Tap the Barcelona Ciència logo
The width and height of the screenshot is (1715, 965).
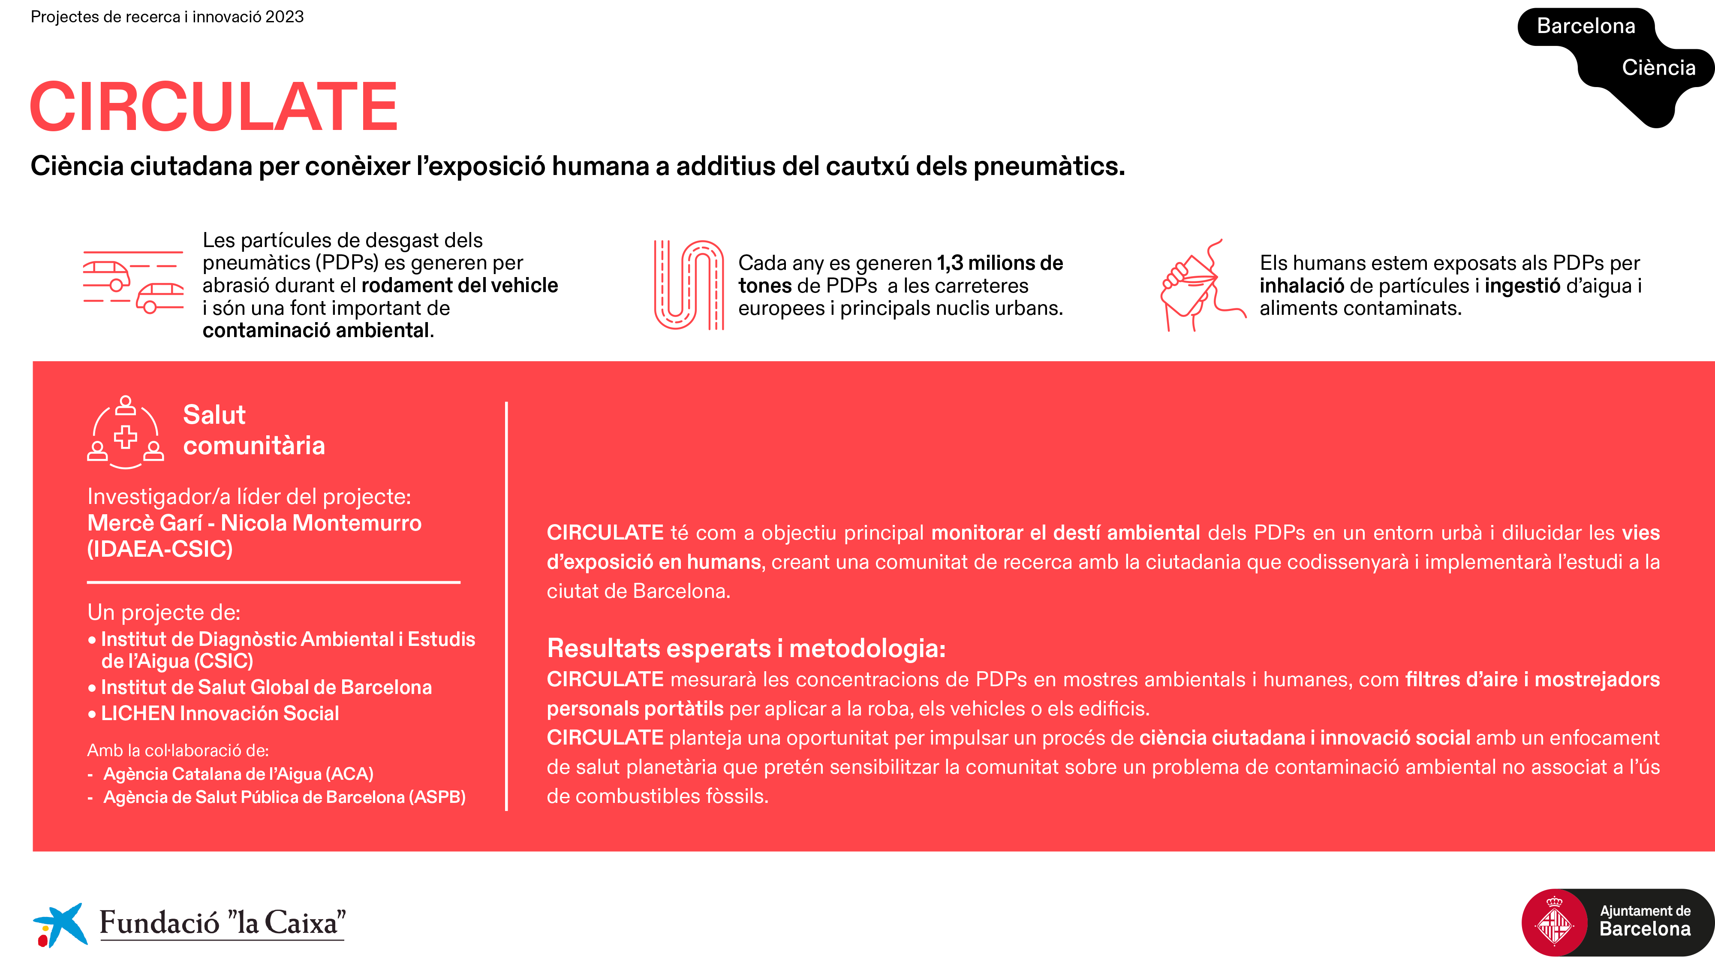tap(1616, 66)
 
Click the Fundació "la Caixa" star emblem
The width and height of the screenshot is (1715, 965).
tap(60, 924)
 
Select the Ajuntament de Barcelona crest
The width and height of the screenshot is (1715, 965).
tap(1554, 923)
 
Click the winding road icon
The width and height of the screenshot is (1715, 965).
tap(689, 285)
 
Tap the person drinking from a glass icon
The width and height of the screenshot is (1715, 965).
tap(1202, 285)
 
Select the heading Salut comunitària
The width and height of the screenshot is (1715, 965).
tap(254, 430)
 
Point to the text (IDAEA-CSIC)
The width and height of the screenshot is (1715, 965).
tap(160, 549)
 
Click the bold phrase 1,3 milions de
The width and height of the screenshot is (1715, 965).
tap(1000, 263)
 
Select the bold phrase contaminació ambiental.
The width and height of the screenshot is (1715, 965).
tap(318, 330)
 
